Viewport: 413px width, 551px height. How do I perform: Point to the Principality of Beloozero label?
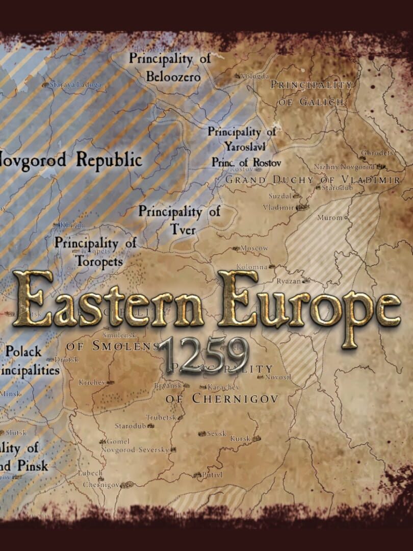pos(169,67)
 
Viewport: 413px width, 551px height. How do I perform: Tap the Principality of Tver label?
pos(179,220)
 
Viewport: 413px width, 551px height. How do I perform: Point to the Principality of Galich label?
pos(312,93)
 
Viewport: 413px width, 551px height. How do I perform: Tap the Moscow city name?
pos(254,248)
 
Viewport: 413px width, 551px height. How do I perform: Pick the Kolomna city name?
pos(252,266)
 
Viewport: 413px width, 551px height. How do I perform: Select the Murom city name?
pos(329,217)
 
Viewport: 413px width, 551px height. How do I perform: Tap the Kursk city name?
pos(240,438)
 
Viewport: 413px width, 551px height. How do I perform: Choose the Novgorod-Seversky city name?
pos(135,449)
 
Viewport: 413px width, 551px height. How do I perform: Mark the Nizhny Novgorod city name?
pos(344,167)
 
